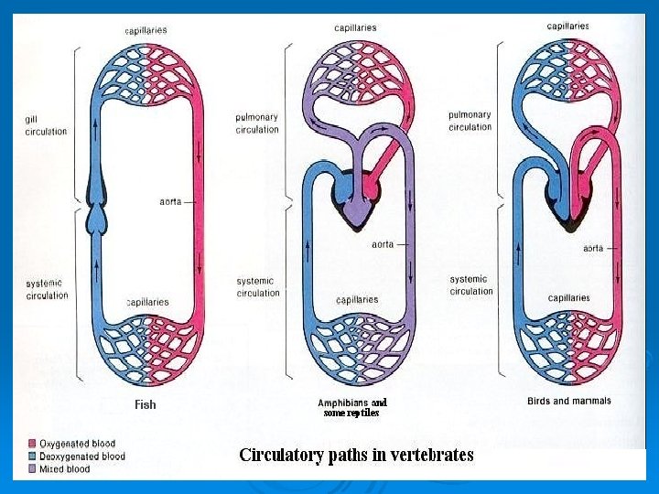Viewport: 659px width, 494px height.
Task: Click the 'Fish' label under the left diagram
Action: [146, 404]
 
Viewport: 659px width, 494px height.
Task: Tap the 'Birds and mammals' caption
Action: [568, 401]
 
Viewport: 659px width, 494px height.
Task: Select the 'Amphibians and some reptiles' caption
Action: [352, 407]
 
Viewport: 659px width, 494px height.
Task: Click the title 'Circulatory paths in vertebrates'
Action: [356, 455]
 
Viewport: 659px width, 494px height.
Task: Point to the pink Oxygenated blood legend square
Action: [32, 444]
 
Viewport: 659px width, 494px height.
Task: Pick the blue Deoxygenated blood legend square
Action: [32, 456]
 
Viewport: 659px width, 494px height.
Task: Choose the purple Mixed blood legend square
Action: [32, 468]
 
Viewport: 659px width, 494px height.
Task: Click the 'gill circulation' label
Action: [46, 125]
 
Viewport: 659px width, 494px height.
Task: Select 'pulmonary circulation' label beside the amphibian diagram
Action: [257, 123]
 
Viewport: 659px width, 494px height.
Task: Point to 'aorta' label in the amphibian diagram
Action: [383, 244]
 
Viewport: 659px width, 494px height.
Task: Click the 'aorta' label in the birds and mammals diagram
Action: [593, 248]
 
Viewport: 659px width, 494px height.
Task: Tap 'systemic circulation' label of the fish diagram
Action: [47, 289]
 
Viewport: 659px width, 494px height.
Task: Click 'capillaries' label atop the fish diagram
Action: [146, 30]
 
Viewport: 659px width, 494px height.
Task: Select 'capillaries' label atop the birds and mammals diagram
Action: [567, 27]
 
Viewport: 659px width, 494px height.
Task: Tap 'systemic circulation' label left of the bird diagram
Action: [470, 285]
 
